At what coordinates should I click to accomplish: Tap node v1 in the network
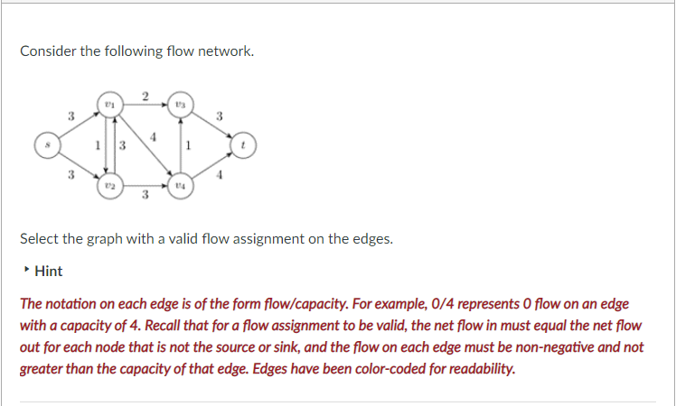pos(109,103)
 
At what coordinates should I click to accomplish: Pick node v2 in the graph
pos(109,185)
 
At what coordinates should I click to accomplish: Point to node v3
pos(180,103)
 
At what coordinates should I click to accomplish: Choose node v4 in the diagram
pos(180,185)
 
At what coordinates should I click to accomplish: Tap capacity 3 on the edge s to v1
pos(70,115)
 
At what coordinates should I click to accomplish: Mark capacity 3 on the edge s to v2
pos(70,175)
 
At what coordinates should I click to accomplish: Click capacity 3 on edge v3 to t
pos(220,115)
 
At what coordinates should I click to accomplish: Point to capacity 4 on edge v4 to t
pos(220,175)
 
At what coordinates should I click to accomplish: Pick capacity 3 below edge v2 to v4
pos(145,196)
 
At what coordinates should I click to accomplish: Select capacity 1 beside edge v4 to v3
pos(188,144)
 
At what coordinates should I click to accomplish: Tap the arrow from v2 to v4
pos(145,186)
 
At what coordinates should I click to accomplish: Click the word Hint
pos(49,271)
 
